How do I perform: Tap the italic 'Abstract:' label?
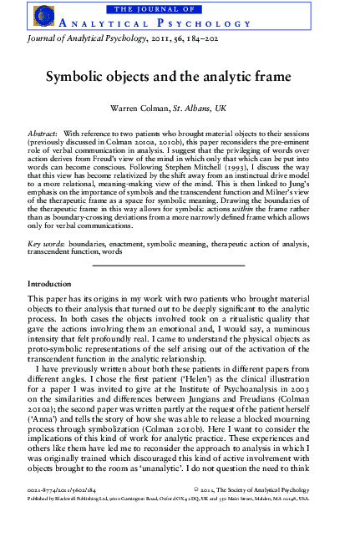(43, 134)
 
